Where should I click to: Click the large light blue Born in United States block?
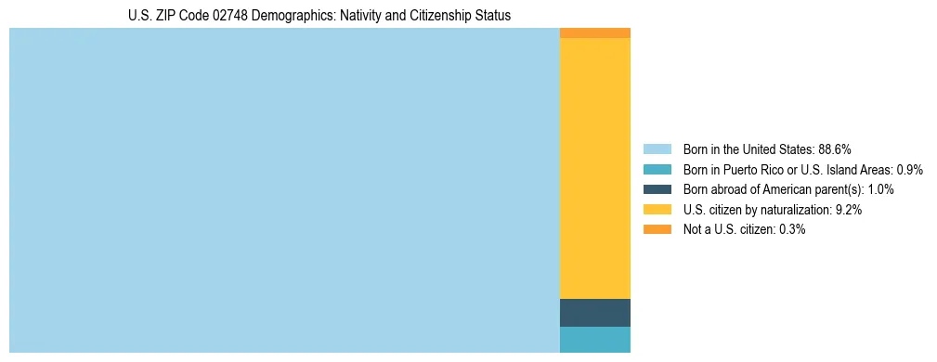(x=284, y=190)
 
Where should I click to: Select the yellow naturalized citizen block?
(x=595, y=168)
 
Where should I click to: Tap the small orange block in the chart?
(x=595, y=33)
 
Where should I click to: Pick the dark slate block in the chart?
(x=595, y=313)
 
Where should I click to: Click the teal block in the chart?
(x=595, y=340)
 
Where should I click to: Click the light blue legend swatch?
(x=657, y=149)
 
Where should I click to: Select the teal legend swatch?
(x=657, y=170)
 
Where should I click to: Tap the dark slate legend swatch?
(x=657, y=189)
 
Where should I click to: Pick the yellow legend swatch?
(x=657, y=210)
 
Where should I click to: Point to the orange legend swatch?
(x=657, y=229)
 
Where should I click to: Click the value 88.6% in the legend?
(x=835, y=149)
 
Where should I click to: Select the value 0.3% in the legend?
(x=790, y=229)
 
